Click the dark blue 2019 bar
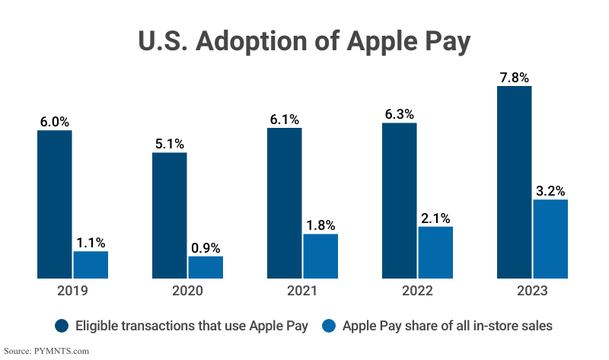(x=55, y=204)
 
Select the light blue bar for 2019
(x=91, y=264)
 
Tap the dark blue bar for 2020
(x=169, y=215)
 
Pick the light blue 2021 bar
(x=320, y=256)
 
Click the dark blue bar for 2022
(x=399, y=200)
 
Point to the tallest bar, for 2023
(x=514, y=182)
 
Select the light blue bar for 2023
(x=550, y=238)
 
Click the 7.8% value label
(x=514, y=77)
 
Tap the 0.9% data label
(x=206, y=247)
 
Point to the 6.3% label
(x=399, y=114)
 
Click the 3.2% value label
(x=550, y=190)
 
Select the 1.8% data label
(x=320, y=225)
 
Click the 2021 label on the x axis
(x=302, y=291)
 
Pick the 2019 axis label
(x=72, y=291)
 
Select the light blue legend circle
(x=329, y=326)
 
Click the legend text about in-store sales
(x=447, y=326)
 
